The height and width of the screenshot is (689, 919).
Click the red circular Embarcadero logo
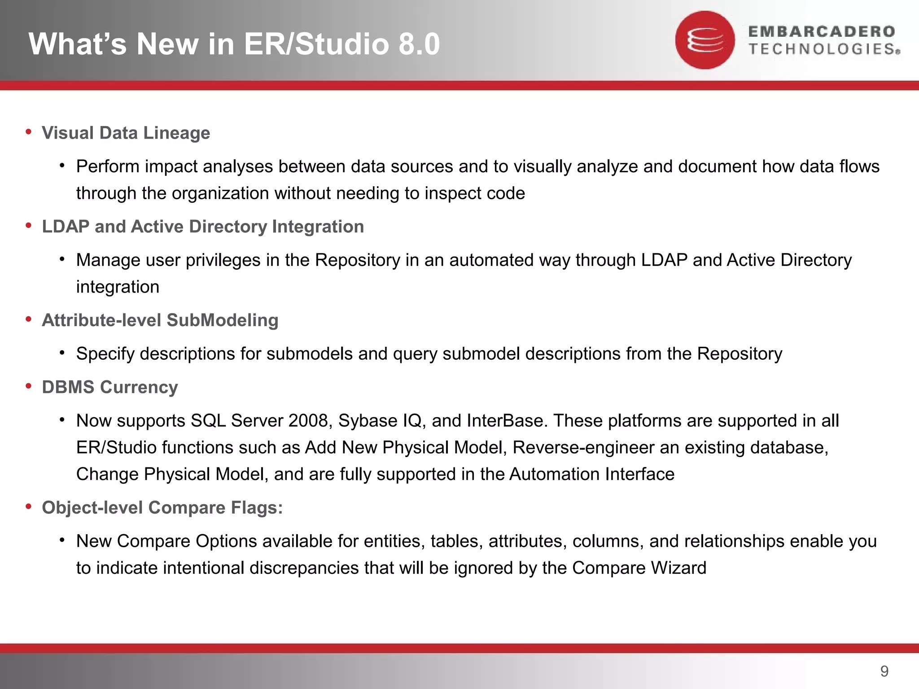pyautogui.click(x=705, y=40)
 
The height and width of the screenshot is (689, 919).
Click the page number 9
pyautogui.click(x=884, y=671)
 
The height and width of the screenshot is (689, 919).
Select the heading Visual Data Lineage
pyautogui.click(x=126, y=133)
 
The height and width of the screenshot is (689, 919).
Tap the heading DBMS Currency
pyautogui.click(x=110, y=387)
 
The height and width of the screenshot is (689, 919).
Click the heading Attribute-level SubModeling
pyautogui.click(x=160, y=320)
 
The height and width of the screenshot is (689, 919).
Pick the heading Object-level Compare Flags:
pyautogui.click(x=162, y=507)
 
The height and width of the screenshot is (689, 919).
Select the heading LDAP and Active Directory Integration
pyautogui.click(x=203, y=227)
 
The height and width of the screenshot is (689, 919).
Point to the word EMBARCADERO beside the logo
pyautogui.click(x=822, y=32)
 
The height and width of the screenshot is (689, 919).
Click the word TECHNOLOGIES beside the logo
pyautogui.click(x=822, y=49)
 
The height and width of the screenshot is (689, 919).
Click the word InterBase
pyautogui.click(x=505, y=421)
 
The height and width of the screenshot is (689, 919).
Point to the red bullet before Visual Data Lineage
pyautogui.click(x=29, y=132)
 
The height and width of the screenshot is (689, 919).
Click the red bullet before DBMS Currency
pyautogui.click(x=29, y=386)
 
